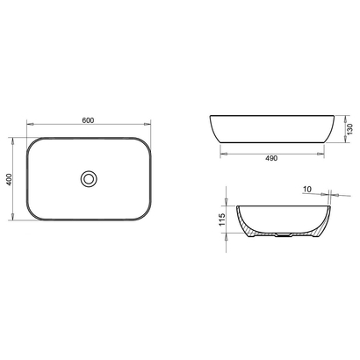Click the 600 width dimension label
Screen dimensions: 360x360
click(x=88, y=120)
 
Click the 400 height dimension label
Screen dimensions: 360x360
click(x=10, y=179)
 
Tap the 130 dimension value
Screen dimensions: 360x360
click(x=349, y=129)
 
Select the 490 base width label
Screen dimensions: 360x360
click(x=271, y=158)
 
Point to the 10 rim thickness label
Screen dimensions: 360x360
click(x=307, y=190)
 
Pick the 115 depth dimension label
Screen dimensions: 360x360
click(x=222, y=220)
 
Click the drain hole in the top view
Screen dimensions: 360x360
click(x=89, y=178)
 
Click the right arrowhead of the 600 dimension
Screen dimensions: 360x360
click(x=148, y=124)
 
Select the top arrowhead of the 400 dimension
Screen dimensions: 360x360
click(x=12, y=141)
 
